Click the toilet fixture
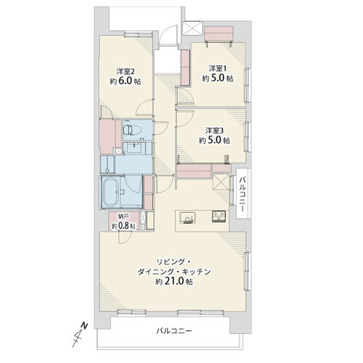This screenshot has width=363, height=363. coord(129,130)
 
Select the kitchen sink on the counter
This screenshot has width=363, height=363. coord(187,217)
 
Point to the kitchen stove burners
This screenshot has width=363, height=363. coord(219,216)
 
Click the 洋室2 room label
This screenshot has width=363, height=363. coord(126,71)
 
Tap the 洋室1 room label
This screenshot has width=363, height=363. coord(218,68)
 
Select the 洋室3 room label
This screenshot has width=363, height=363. coord(214,131)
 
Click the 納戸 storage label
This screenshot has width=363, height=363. coord(123,216)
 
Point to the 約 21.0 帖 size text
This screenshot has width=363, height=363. coord(174,282)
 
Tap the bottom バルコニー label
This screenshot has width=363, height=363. coord(174,330)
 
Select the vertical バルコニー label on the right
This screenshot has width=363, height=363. coord(242,195)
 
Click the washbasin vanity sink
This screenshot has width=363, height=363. coord(134,148)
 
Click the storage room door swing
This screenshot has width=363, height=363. coord(126,238)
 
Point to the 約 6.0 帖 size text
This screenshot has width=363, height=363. coord(126,81)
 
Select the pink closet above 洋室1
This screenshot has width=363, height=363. coord(219,33)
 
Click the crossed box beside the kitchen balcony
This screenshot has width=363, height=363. coord(221,181)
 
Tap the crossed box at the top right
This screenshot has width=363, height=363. coord(192,28)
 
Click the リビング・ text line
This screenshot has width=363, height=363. coord(174,261)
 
